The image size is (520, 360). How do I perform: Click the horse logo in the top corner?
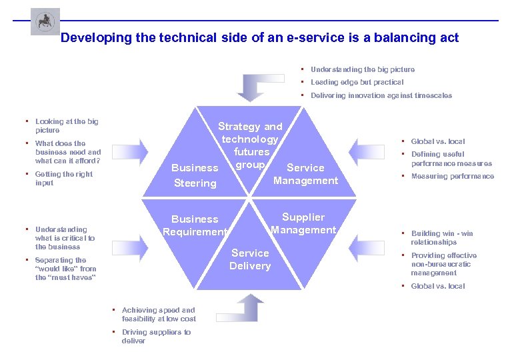45,21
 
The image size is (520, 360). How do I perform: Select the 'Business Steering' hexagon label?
194,175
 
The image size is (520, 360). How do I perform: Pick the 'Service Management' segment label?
305,174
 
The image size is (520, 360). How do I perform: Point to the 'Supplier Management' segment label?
303,223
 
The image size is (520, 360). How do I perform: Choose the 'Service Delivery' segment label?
250,259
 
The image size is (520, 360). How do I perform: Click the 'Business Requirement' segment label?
195,225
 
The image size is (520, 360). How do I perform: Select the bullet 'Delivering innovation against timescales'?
381,95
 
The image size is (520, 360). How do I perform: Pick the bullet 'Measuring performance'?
452,177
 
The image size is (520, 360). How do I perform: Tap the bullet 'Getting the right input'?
63,179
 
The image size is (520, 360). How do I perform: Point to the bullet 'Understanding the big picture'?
362,69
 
